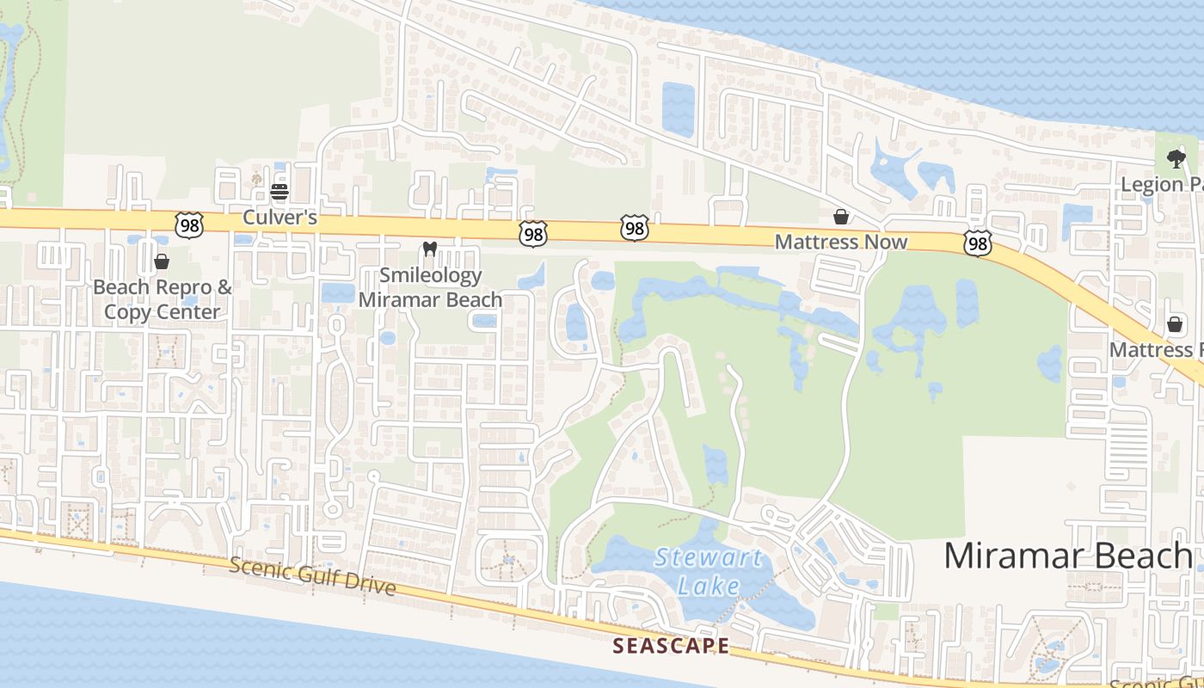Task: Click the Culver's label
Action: point(279,218)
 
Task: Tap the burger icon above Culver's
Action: point(279,191)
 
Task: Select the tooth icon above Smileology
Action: point(430,249)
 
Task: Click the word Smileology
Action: point(430,276)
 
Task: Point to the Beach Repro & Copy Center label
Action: point(163,298)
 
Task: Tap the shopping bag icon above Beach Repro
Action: point(162,261)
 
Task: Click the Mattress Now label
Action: point(840,242)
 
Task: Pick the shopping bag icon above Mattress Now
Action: point(841,217)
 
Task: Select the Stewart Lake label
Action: point(708,571)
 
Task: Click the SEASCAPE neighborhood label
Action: point(671,646)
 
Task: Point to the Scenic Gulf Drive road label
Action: point(313,576)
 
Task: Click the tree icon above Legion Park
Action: point(1176,159)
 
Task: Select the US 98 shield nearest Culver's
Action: point(187,225)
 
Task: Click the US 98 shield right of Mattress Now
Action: point(977,243)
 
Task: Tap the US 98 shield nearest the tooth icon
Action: point(533,233)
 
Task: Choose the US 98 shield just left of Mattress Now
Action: point(634,228)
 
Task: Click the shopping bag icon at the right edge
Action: point(1175,324)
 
